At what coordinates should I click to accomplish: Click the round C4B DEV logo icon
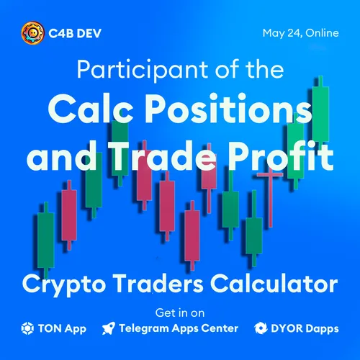32,33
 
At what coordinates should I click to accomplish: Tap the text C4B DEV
75,33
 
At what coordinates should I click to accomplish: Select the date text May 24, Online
301,33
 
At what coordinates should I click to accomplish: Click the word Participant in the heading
143,70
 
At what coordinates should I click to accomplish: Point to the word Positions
228,109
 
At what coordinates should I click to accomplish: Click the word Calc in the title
91,109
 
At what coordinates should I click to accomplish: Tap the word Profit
281,156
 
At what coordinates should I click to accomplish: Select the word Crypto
64,285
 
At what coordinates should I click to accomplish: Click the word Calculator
274,283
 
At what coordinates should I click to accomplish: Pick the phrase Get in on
180,313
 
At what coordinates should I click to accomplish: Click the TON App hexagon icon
27,328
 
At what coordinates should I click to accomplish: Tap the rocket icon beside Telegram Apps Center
109,328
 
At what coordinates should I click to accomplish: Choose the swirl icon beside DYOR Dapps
261,328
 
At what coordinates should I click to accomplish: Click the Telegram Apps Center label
179,329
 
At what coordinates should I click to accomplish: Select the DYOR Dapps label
305,329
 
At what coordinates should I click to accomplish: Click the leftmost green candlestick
45,240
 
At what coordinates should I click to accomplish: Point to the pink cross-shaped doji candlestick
271,197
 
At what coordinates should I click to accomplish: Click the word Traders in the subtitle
158,283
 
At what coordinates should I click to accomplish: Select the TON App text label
62,329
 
